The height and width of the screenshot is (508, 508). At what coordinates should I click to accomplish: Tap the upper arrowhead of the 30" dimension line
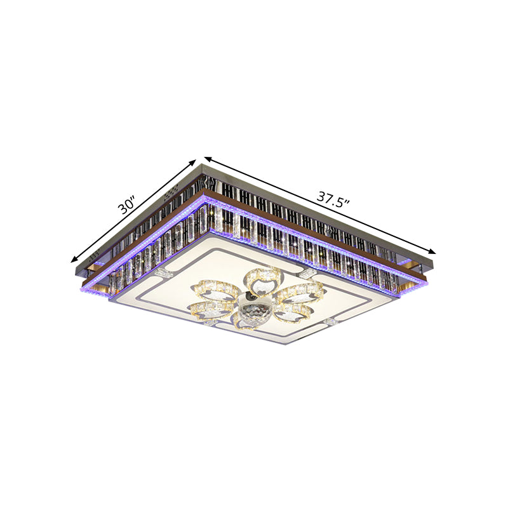click(194, 163)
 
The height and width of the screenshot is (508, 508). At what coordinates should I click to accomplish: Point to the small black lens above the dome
click(252, 298)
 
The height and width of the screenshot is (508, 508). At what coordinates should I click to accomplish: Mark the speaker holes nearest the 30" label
click(170, 192)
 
